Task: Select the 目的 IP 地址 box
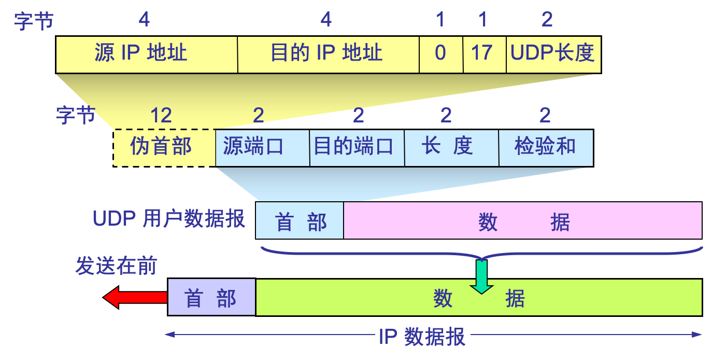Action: point(328,54)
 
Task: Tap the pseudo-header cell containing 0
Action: point(440,54)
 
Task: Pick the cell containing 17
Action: point(484,54)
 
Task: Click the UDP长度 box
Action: point(553,54)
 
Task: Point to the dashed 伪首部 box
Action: point(164,147)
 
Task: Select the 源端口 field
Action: point(262,147)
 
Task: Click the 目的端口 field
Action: point(357,147)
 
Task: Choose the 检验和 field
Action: point(545,147)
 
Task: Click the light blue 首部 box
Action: point(300,221)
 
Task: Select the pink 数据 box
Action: point(522,221)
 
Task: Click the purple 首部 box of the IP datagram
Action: point(211,298)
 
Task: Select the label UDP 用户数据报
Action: point(168,219)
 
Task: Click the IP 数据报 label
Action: point(422,336)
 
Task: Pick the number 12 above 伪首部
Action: point(161,115)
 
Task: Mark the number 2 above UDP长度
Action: point(547,20)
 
